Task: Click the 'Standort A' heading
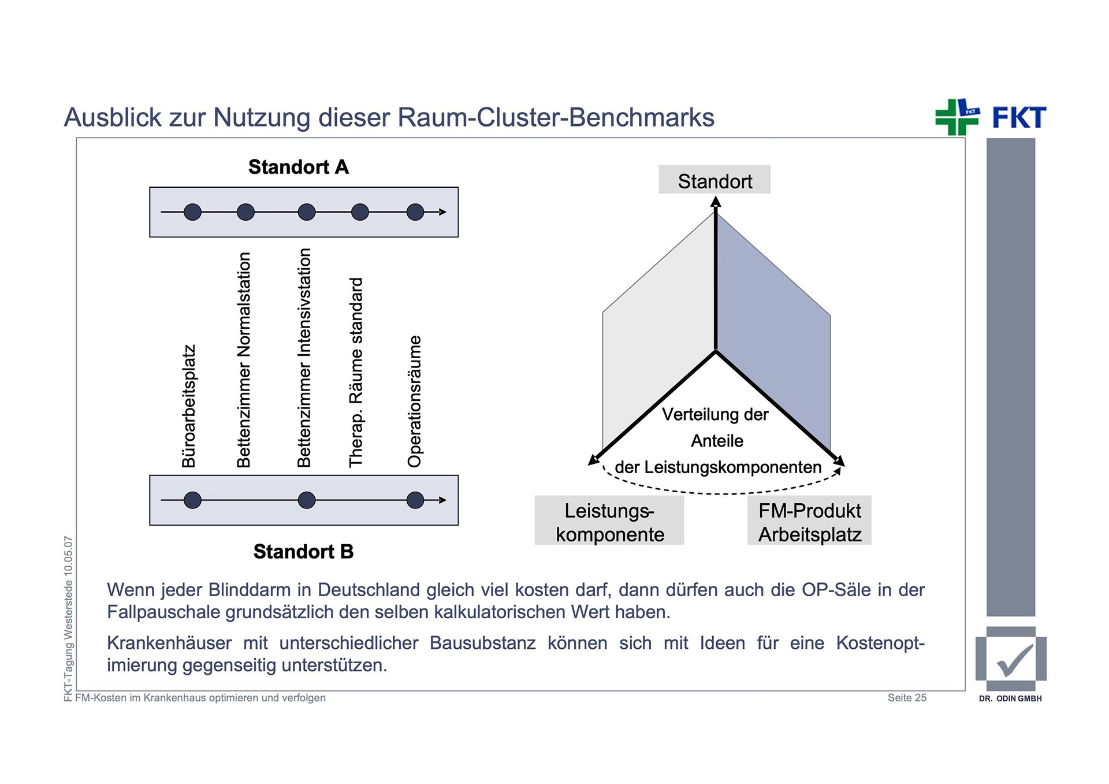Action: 299,167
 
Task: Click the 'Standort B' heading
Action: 303,552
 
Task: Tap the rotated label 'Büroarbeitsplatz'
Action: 189,406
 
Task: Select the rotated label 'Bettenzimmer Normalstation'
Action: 244,359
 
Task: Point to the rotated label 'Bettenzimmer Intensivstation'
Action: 304,358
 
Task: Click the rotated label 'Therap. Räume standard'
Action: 356,372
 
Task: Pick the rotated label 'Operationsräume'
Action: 415,401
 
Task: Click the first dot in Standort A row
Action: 192,212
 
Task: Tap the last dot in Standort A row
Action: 415,212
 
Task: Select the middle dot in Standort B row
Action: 306,500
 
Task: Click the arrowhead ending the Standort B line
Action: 443,500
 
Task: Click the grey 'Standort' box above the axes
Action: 714,180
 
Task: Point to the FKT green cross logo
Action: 957,117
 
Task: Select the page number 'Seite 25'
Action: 907,698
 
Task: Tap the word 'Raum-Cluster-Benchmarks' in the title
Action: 556,117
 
